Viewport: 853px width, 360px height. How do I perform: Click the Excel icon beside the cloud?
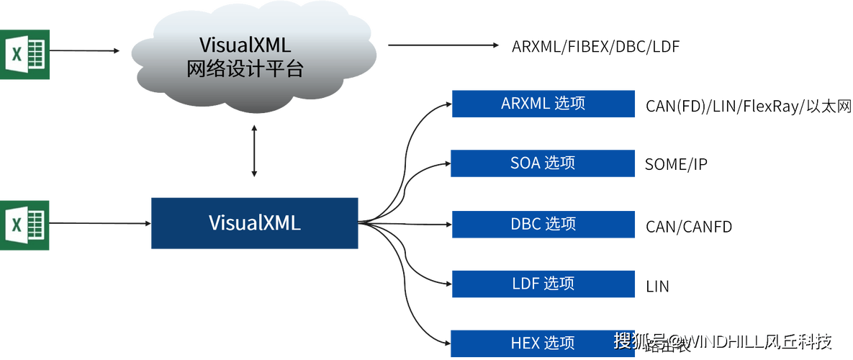25,54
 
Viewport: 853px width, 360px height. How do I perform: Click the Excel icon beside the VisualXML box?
25,225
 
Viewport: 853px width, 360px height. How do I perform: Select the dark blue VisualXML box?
254,223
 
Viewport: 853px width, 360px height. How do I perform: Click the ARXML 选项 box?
543,104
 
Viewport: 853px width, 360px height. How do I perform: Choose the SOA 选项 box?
543,163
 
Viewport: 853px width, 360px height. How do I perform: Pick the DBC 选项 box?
543,224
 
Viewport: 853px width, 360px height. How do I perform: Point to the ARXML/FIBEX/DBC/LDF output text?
595,46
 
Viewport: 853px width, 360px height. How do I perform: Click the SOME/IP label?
676,165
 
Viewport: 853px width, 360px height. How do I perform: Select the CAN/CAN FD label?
687,226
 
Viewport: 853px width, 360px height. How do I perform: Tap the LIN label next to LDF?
658,286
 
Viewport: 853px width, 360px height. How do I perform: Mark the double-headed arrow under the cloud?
254,152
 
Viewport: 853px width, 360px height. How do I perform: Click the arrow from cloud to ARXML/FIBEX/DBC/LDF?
441,45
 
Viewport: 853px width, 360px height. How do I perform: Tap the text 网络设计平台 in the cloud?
245,70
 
